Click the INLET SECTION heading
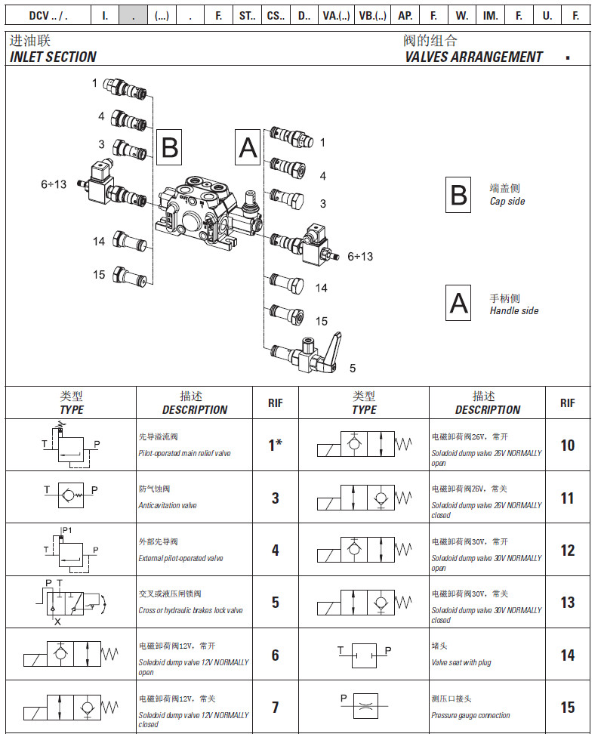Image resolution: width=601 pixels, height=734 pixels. pyautogui.click(x=53, y=57)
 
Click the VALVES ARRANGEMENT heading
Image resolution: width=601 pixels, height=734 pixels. pyautogui.click(x=473, y=57)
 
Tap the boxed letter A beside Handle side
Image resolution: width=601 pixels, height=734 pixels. pyautogui.click(x=459, y=304)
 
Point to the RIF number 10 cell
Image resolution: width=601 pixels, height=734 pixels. pyautogui.click(x=567, y=446)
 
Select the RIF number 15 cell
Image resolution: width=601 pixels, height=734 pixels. pyautogui.click(x=567, y=708)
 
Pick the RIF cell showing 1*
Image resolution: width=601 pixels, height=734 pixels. pyautogui.click(x=275, y=446)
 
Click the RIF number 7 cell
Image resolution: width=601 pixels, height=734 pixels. pyautogui.click(x=275, y=708)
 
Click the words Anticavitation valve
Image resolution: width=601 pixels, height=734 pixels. pyautogui.click(x=168, y=506)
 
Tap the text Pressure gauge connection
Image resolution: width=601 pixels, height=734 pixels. pyautogui.click(x=470, y=715)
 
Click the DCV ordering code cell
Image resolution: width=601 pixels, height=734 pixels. pyautogui.click(x=48, y=15)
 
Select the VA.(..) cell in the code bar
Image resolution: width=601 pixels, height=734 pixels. pyautogui.click(x=336, y=15)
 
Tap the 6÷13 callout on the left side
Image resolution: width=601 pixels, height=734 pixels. pyautogui.click(x=54, y=183)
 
